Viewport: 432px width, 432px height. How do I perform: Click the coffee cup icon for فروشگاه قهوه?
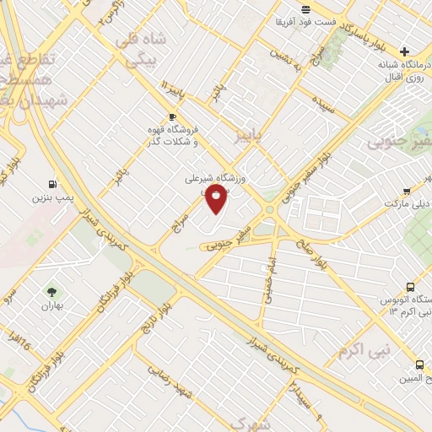tap(172, 117)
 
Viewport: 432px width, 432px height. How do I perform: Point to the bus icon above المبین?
tap(419, 364)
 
